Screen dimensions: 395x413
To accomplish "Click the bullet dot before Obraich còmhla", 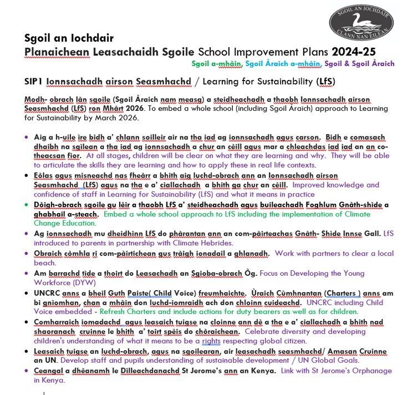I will point(28,254).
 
